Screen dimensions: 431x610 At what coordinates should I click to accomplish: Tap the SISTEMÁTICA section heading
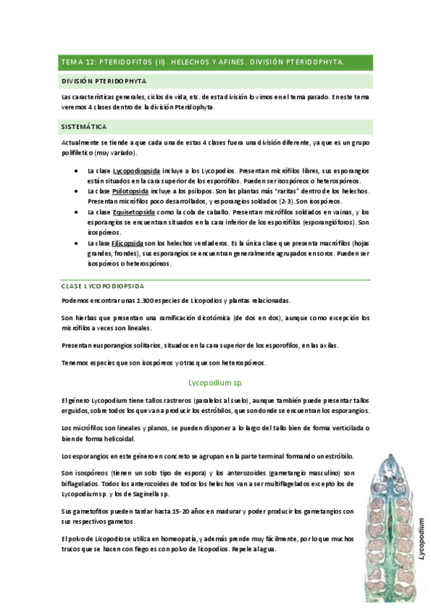pyautogui.click(x=83, y=127)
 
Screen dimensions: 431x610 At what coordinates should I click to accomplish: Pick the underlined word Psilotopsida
pyautogui.click(x=130, y=191)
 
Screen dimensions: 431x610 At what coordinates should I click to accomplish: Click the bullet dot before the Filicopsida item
pyautogui.click(x=77, y=244)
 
